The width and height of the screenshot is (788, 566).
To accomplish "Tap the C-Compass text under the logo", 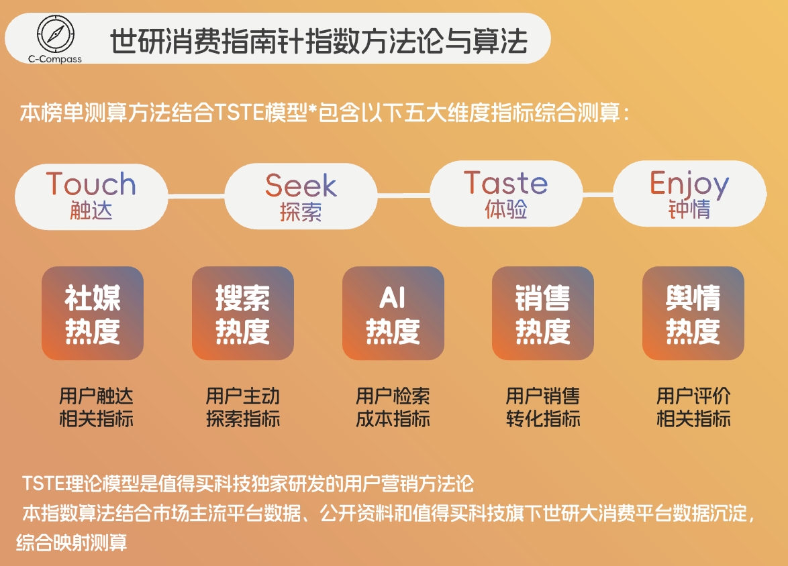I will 55,58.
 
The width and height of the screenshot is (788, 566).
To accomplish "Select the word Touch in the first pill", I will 91,184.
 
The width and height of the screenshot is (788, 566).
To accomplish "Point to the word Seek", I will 301,185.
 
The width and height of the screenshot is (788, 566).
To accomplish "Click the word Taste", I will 505,182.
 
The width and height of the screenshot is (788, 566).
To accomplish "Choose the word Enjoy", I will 689,183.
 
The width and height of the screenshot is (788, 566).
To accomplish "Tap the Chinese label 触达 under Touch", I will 91,211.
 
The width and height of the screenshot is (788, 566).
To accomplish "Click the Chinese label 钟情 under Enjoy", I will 689,210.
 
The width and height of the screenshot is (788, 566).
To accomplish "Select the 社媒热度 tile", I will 93,314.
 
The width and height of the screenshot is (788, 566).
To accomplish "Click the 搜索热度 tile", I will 243,314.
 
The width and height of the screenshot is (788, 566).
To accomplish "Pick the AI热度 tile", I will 393,314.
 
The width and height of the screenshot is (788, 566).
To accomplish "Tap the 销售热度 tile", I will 543,314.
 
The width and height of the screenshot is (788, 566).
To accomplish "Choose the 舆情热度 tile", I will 693,314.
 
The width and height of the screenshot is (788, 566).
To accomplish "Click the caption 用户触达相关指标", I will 96,408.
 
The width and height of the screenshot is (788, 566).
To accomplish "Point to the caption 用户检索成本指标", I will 393,408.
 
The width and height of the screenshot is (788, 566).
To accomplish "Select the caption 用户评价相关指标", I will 693,408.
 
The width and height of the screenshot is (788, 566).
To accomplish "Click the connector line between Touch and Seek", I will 195,196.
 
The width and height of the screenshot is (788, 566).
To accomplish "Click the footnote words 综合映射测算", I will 72,542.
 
